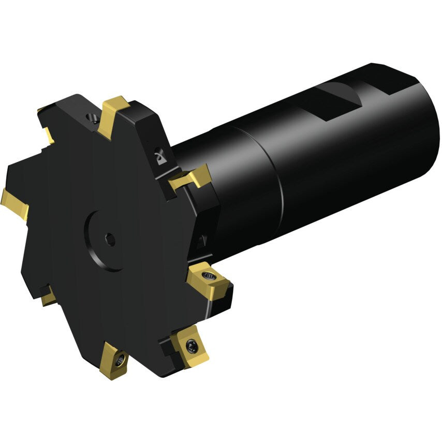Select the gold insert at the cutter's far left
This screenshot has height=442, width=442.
click(x=14, y=204)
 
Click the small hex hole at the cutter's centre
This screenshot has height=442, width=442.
click(x=110, y=239)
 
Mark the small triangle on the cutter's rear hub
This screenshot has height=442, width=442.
click(x=202, y=240)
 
